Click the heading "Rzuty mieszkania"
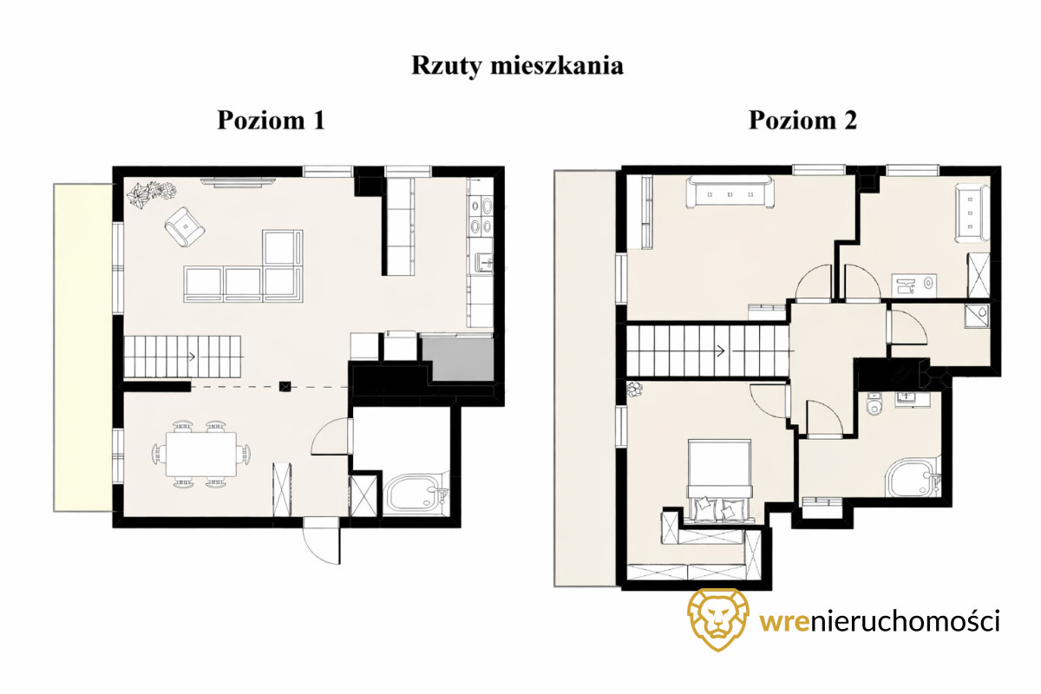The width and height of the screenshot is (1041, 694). [x=517, y=66]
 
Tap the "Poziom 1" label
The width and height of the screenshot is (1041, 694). [x=271, y=121]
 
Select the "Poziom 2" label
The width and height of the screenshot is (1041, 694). [x=802, y=121]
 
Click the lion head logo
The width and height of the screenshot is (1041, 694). [x=718, y=619]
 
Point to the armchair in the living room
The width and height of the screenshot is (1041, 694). [x=185, y=226]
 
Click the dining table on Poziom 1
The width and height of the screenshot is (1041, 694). [x=201, y=455]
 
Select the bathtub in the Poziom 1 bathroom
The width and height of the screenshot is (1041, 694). [x=415, y=494]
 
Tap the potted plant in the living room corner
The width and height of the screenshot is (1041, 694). [x=153, y=192]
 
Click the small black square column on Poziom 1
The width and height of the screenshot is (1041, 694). [x=285, y=386]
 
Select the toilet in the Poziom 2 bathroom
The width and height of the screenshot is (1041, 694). [x=874, y=403]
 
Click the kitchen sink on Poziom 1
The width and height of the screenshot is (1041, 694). [x=483, y=263]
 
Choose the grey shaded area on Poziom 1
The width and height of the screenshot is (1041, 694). [x=459, y=359]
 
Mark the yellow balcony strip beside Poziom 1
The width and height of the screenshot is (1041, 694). [x=83, y=348]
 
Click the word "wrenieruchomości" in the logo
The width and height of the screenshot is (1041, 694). [x=880, y=622]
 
